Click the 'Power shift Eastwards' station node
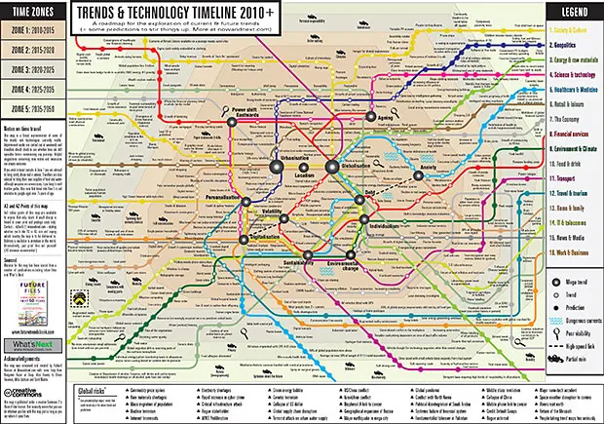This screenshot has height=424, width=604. [234, 124]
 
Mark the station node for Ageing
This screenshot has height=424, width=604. [371, 118]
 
